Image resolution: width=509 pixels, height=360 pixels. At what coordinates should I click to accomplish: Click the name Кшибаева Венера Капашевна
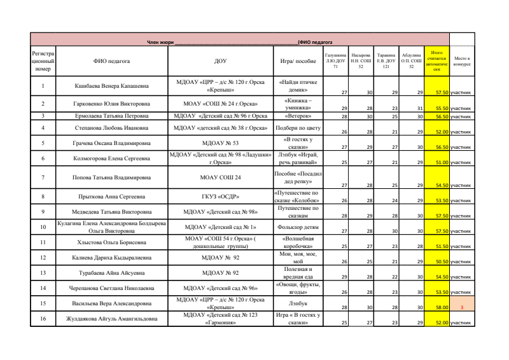point(111,85)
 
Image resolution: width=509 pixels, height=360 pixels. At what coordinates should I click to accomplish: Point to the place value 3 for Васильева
point(461,307)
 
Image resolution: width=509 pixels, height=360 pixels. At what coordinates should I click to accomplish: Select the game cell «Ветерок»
point(298,116)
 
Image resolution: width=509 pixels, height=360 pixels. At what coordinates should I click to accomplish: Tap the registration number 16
point(43,319)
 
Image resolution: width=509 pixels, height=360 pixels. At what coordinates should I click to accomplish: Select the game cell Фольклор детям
point(298,226)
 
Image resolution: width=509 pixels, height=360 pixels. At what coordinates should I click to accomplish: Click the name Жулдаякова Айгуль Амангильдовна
point(111,319)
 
